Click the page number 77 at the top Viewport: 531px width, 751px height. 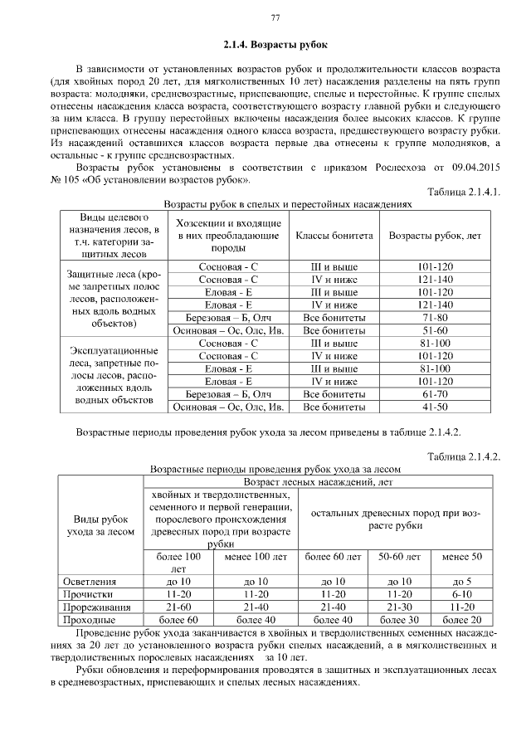point(275,18)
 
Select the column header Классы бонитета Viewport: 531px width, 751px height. point(334,236)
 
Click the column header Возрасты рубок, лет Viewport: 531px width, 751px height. point(435,236)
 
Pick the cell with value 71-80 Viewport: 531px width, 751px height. point(435,317)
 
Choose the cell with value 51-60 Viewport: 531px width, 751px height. point(435,329)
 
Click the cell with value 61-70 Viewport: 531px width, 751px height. point(435,394)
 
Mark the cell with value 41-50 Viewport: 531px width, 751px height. point(435,407)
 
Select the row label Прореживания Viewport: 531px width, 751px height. point(95,607)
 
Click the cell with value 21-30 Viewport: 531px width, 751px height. point(399,607)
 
